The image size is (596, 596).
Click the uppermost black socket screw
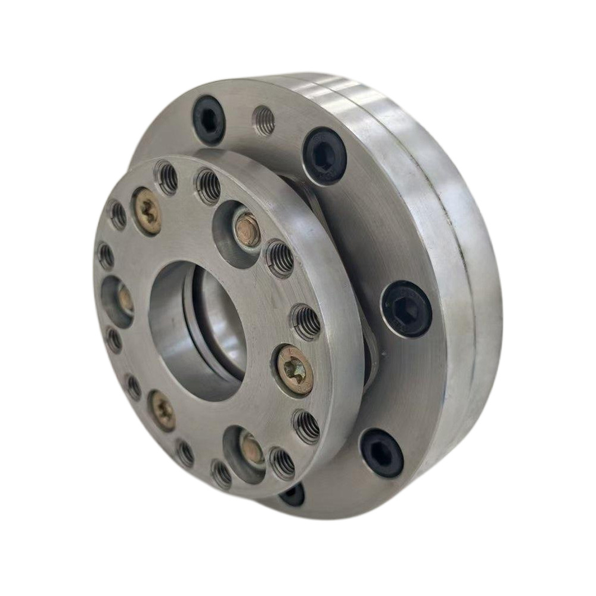tap(209, 119)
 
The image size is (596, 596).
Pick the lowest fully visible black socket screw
tap(382, 452)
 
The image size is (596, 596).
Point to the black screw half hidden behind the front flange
tap(291, 493)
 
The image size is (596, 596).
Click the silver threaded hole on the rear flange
tap(263, 121)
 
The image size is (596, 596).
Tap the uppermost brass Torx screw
tap(147, 211)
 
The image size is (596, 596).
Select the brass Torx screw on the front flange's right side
tap(294, 370)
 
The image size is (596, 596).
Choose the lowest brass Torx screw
tap(162, 410)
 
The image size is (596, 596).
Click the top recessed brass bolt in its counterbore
tap(247, 229)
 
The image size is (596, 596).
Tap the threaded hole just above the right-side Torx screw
tap(306, 322)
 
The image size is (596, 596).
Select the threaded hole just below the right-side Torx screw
tap(306, 427)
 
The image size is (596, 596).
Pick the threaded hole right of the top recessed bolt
tap(280, 258)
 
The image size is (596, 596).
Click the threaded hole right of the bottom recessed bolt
tap(282, 463)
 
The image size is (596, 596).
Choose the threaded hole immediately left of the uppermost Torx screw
tap(117, 215)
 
